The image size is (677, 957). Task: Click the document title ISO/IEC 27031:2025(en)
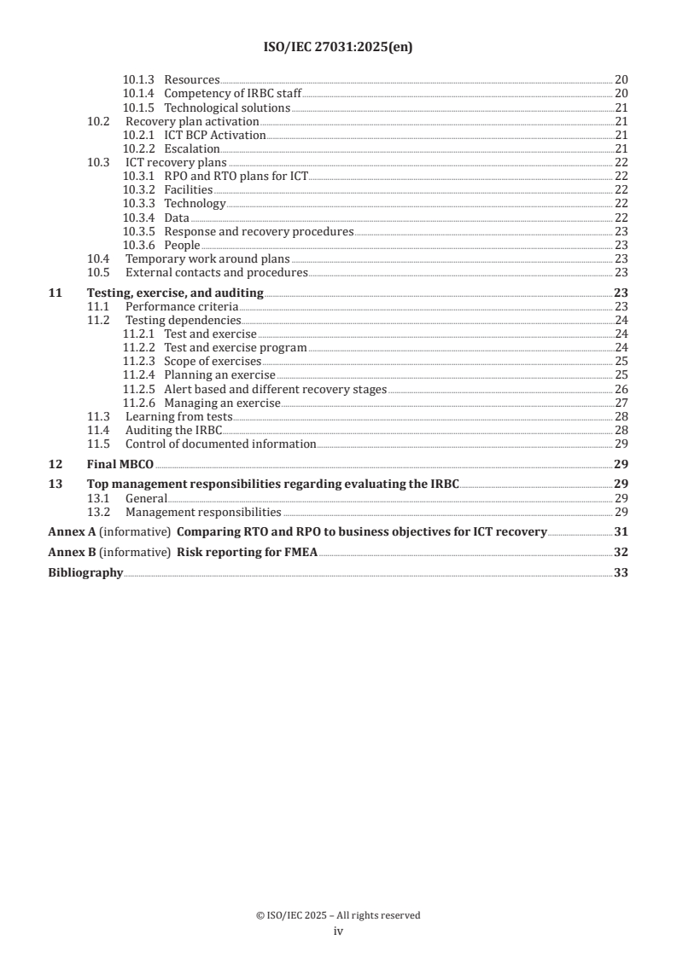(x=338, y=48)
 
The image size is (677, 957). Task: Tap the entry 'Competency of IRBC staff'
(x=233, y=94)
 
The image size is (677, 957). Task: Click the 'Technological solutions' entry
(x=227, y=108)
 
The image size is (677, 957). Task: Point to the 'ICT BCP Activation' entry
(x=215, y=136)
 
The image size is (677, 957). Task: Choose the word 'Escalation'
(x=192, y=149)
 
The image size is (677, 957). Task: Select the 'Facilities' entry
(x=189, y=190)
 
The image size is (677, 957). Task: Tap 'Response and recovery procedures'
(x=259, y=231)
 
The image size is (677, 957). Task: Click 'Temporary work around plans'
(x=207, y=258)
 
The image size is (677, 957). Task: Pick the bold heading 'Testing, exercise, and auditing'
(x=176, y=293)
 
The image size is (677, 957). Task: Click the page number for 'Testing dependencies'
(x=622, y=321)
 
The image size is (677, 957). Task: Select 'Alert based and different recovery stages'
(x=275, y=389)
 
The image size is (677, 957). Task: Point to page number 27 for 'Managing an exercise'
(x=622, y=403)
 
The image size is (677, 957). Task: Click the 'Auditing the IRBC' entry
(x=173, y=430)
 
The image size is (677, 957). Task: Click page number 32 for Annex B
(x=622, y=553)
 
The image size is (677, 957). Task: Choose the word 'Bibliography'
(x=85, y=573)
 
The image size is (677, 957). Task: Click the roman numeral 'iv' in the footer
(x=338, y=931)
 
